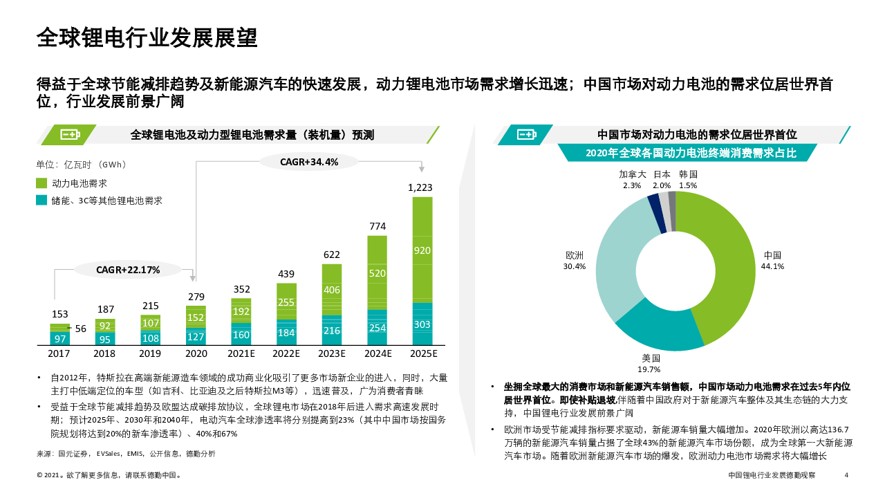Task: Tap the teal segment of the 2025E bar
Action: coord(422,324)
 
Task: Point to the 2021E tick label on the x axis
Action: coord(241,353)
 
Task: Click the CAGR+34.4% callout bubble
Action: coord(309,162)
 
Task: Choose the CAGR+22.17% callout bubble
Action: coord(128,270)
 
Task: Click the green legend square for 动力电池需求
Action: coord(41,183)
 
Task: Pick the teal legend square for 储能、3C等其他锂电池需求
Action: coord(41,201)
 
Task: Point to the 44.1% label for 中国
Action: coord(772,266)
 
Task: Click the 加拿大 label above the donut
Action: coord(632,174)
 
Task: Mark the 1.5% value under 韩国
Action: coord(688,185)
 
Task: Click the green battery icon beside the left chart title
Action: coord(70,135)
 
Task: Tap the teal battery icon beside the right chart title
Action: coord(527,135)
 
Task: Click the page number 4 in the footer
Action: coord(846,475)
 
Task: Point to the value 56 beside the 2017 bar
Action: coord(81,329)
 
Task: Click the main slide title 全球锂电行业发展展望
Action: coord(147,39)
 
